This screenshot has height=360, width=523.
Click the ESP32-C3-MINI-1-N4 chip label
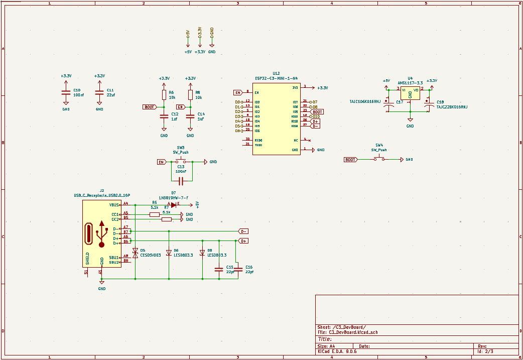coord(276,78)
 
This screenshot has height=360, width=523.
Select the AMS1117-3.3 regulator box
coord(410,93)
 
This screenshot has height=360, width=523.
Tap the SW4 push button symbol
coord(379,159)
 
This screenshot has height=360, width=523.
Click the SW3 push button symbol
coord(180,162)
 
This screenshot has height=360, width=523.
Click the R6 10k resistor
coord(164,95)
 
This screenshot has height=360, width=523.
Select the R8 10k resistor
coord(190,95)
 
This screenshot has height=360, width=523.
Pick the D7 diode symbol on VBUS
coord(174,205)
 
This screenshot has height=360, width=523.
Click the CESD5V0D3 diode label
coord(150,255)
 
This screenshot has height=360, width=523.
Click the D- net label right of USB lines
coord(243,231)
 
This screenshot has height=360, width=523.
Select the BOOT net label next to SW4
coord(350,159)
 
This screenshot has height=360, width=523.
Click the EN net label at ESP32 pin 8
coord(238,92)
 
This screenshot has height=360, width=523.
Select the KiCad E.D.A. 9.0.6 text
coord(337,352)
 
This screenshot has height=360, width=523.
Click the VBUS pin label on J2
coord(114,205)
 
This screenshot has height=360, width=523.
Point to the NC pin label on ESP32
coord(296,140)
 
